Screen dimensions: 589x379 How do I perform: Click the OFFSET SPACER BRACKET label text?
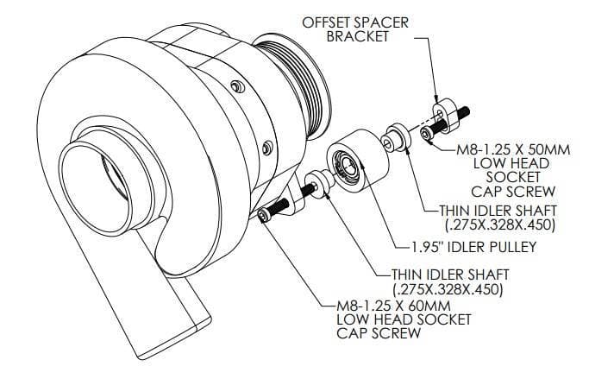355,29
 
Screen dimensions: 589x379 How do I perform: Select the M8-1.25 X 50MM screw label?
513,170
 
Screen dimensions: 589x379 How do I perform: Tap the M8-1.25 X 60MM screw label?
404,319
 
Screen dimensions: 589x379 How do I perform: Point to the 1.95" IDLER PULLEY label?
473,247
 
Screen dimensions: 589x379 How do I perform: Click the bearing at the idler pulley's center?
344,166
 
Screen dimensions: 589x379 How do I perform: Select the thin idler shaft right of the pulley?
396,137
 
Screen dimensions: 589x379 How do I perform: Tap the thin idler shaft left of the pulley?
319,184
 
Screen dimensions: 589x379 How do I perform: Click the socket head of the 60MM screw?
262,216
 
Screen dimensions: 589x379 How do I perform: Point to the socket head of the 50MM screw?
426,133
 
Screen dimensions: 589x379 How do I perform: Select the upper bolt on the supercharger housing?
238,87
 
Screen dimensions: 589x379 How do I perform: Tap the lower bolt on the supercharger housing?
267,147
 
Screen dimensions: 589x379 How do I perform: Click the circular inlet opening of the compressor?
97,188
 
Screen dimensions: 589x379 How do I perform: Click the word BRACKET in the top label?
357,36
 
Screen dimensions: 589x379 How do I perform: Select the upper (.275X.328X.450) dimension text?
499,224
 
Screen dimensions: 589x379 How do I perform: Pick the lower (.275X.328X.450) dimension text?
448,289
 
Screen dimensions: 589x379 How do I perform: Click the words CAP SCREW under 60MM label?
379,333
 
